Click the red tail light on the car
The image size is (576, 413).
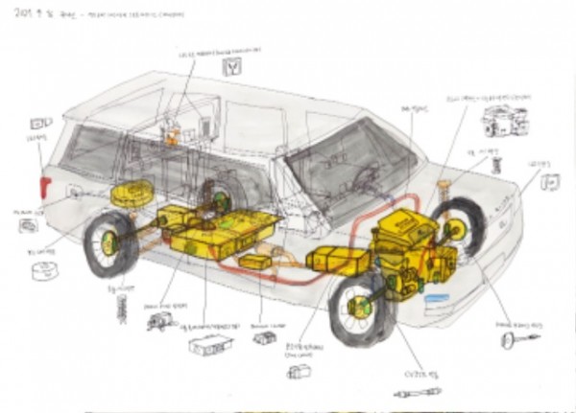coord(43,187)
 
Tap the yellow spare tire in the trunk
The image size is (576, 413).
coord(132,195)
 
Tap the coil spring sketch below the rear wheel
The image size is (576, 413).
coord(121,307)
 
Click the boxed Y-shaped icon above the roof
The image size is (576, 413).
coord(231,66)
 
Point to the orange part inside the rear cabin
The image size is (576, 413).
coord(173,137)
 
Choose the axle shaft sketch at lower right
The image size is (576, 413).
coord(519,336)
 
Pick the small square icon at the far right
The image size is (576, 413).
coord(551,181)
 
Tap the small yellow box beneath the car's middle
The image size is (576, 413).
coord(253,262)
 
